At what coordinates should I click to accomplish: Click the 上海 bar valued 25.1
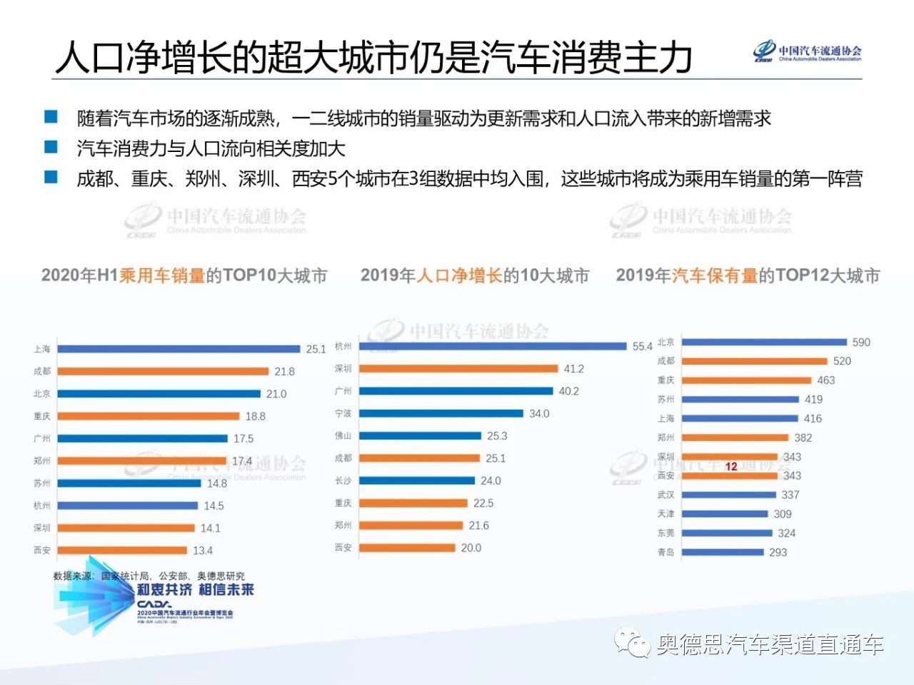click(179, 349)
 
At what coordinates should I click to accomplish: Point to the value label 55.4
click(642, 346)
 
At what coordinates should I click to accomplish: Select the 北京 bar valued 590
click(764, 342)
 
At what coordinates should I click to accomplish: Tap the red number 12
click(731, 466)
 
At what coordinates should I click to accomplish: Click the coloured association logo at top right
click(765, 51)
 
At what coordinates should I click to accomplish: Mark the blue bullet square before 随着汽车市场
click(51, 117)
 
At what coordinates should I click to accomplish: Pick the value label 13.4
click(203, 550)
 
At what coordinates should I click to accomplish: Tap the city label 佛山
click(343, 435)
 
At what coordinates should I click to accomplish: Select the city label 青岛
click(666, 552)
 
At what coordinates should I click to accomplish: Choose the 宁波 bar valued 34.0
click(441, 413)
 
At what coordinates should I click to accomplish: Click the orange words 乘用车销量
click(162, 275)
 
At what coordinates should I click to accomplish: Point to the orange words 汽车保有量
click(714, 275)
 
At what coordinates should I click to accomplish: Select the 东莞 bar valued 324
click(727, 533)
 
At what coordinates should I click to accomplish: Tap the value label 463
click(826, 380)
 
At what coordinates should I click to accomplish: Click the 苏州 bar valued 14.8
click(129, 483)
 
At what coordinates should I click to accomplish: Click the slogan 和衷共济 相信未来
click(195, 590)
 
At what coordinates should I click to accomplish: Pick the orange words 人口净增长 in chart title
click(459, 275)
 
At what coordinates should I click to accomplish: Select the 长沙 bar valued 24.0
click(416, 480)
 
